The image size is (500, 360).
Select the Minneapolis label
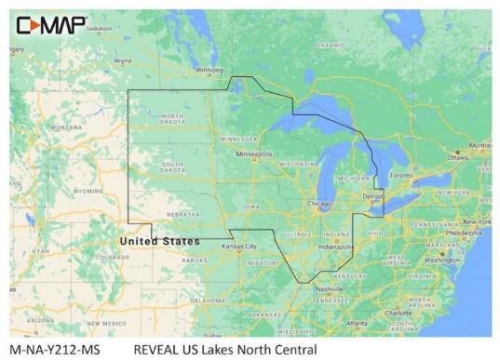click(254, 153)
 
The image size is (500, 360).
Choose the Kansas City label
click(240, 247)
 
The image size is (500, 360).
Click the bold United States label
click(159, 241)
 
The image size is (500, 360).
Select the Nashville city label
click(331, 289)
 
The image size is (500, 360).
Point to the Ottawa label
click(458, 157)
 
